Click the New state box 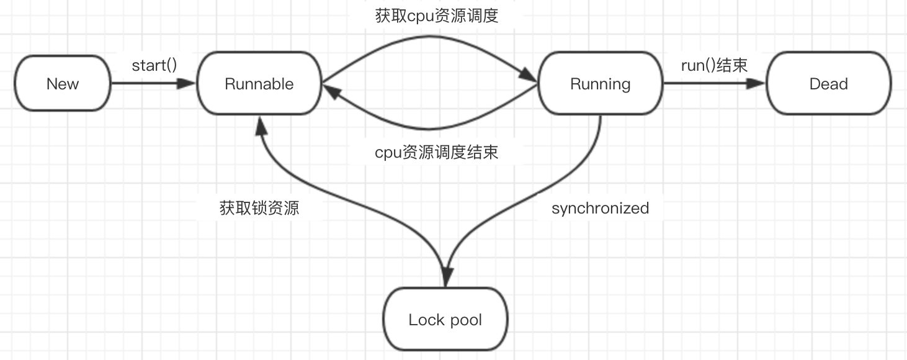(63, 84)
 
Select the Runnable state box (259, 84)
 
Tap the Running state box (600, 84)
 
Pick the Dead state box (828, 84)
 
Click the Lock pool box (445, 320)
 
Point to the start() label (154, 65)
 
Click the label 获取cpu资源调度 (437, 16)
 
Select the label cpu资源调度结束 (437, 152)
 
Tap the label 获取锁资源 (259, 208)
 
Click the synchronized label (600, 208)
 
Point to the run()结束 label (714, 65)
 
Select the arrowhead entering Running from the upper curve (529, 77)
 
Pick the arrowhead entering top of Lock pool (446, 278)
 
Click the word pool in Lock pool (466, 320)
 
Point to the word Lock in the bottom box (426, 320)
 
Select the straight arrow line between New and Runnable (149, 83)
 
